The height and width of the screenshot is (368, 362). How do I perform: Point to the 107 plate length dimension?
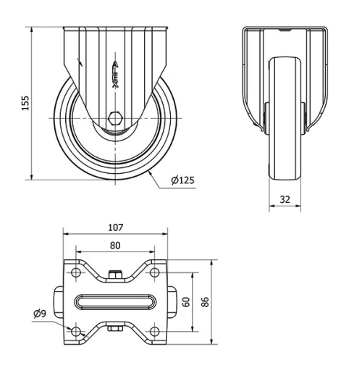(x=115, y=227)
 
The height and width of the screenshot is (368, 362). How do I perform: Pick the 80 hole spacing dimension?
(x=115, y=244)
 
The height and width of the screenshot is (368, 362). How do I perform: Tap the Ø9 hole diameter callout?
(x=41, y=314)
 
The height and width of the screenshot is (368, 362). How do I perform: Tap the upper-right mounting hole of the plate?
(x=154, y=273)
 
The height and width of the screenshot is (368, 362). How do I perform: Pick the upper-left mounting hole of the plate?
(x=75, y=273)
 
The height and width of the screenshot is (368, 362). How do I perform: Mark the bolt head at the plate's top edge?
(x=115, y=274)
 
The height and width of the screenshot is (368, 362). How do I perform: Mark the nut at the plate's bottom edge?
(x=115, y=330)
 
